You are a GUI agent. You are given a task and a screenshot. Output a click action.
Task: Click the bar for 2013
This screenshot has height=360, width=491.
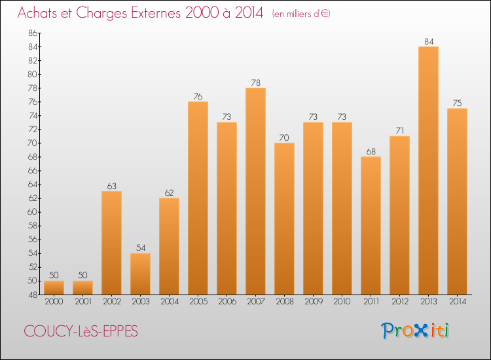click(428, 170)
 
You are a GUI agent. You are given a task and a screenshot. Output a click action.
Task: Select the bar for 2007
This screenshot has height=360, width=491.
click(255, 190)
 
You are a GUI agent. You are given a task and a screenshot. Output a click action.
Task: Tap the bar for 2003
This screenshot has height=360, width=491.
click(140, 274)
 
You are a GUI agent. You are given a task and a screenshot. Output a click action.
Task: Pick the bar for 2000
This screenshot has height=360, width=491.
click(54, 287)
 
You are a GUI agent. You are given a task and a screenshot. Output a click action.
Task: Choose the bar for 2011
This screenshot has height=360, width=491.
click(371, 225)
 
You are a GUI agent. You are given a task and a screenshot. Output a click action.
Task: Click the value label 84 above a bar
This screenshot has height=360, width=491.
click(428, 42)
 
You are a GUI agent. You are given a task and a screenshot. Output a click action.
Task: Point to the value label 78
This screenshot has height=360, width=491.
click(255, 83)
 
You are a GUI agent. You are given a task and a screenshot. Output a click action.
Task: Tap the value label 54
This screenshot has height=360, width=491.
click(140, 248)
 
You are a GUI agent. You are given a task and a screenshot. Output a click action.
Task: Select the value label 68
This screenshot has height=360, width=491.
click(371, 152)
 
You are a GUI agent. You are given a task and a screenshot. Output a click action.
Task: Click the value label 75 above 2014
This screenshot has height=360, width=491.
click(457, 103)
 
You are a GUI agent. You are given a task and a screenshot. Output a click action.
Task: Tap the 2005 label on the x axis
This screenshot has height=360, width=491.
click(198, 302)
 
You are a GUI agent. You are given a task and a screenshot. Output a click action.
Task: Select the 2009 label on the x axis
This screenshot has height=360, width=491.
click(313, 302)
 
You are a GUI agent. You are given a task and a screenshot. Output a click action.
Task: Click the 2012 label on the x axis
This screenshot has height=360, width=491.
click(399, 302)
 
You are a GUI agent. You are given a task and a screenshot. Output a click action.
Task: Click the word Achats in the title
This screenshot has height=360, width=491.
click(40, 13)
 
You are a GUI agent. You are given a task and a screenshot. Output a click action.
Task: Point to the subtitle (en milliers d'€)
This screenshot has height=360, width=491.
click(300, 14)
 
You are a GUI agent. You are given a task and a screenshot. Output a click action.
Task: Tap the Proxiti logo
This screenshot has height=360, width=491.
click(415, 331)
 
